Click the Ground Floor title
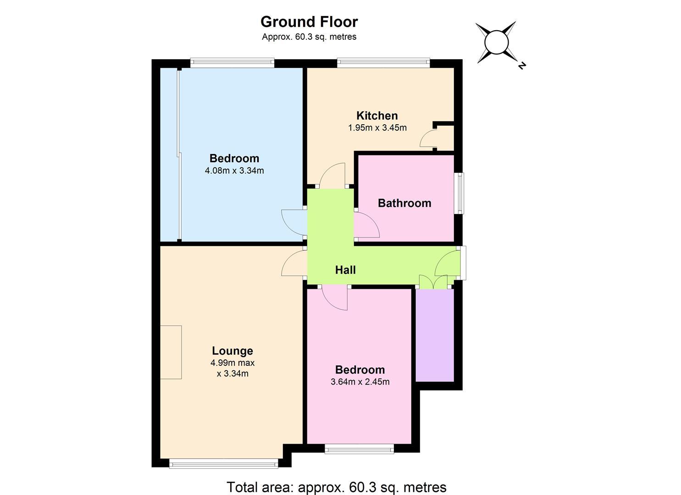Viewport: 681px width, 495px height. (x=309, y=22)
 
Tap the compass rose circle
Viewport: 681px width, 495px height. (x=497, y=42)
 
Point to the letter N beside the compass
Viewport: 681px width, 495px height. (x=522, y=66)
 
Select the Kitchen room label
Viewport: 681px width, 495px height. (x=377, y=116)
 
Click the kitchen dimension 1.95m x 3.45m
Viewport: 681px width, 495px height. (x=377, y=127)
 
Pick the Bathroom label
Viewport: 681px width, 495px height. (x=404, y=203)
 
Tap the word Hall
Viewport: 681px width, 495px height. (x=345, y=270)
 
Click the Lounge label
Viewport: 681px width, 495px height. (x=232, y=351)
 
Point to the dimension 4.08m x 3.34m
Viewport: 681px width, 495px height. (x=234, y=170)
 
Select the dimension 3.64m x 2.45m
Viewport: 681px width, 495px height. (x=360, y=382)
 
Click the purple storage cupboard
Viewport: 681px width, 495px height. (x=435, y=335)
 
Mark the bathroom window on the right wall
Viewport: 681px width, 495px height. (x=461, y=193)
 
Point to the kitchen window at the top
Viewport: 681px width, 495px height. (x=383, y=63)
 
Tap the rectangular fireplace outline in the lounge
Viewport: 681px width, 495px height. (x=171, y=352)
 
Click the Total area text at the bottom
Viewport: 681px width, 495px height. (x=336, y=487)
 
